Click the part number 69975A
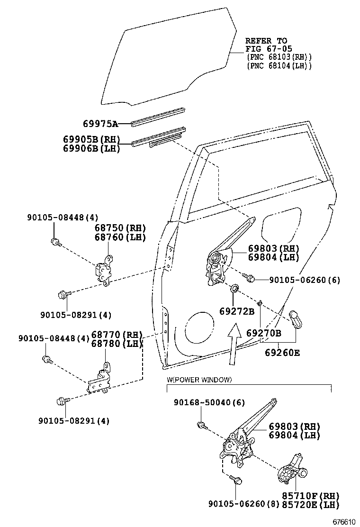tap(100, 124)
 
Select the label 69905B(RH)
tap(91, 140)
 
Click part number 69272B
tap(237, 311)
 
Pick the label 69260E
tap(282, 353)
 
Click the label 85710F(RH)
tap(310, 495)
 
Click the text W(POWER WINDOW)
tap(199, 380)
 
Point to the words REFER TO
tap(266, 41)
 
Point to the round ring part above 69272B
tap(234, 289)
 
